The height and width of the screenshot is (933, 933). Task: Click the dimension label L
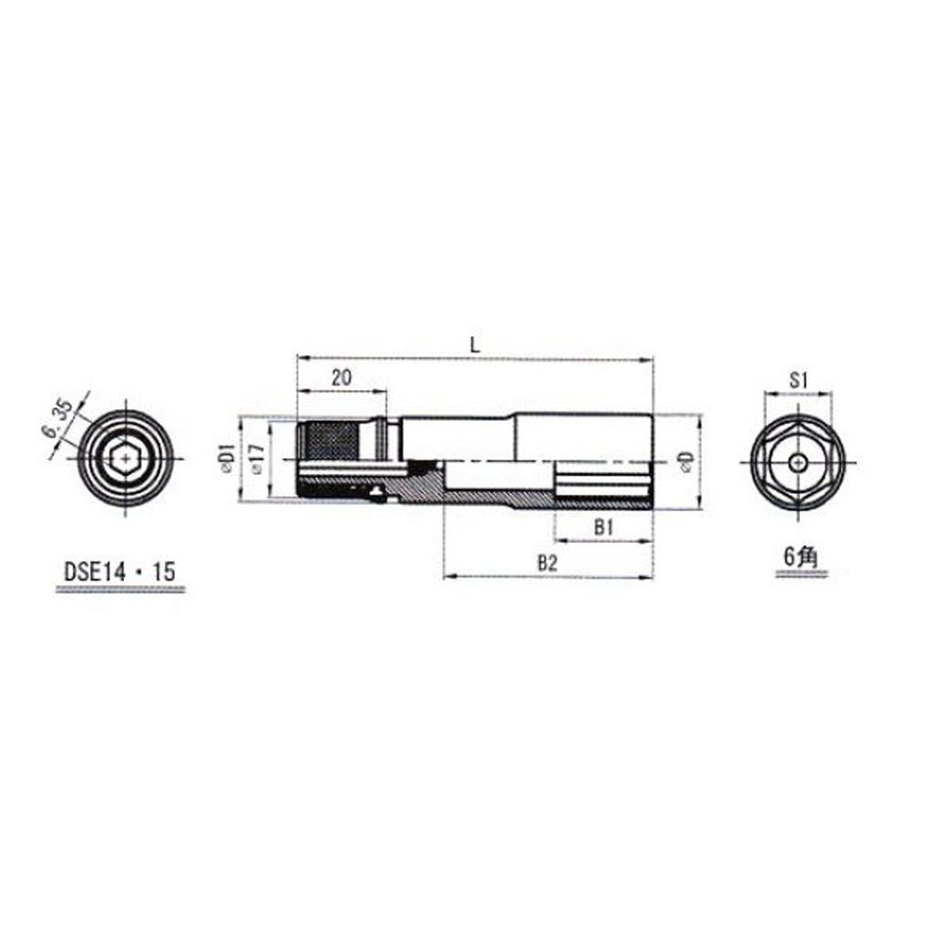coord(475,345)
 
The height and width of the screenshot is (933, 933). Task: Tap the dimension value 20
coord(342,377)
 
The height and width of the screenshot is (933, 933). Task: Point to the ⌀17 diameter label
coord(257,459)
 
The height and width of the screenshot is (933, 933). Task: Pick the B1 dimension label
coord(603,528)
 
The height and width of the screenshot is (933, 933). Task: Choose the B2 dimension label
coord(548,563)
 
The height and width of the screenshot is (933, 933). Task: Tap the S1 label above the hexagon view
coord(797,380)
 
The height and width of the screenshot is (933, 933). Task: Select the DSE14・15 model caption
coord(119,572)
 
